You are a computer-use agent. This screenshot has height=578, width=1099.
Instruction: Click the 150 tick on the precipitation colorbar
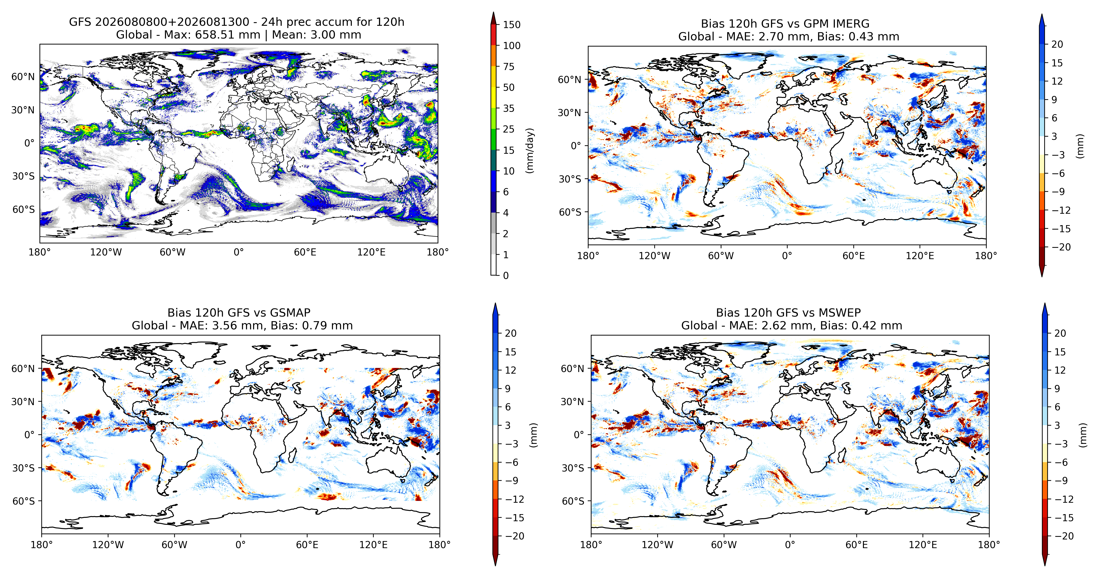pyautogui.click(x=512, y=25)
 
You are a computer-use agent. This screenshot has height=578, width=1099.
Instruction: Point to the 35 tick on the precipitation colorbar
pyautogui.click(x=509, y=108)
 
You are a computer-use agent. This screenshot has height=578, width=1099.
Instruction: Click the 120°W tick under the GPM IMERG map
pyautogui.click(x=655, y=256)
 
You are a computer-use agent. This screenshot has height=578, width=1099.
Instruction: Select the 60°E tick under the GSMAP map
pyautogui.click(x=307, y=545)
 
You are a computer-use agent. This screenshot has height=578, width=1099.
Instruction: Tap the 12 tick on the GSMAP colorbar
pyautogui.click(x=510, y=370)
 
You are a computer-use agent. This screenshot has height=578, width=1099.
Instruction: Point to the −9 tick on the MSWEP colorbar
pyautogui.click(x=1061, y=480)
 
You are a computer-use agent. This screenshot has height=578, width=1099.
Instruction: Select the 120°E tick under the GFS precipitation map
pyautogui.click(x=371, y=252)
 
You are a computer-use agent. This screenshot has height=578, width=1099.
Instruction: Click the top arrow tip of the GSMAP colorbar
pyautogui.click(x=495, y=303)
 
